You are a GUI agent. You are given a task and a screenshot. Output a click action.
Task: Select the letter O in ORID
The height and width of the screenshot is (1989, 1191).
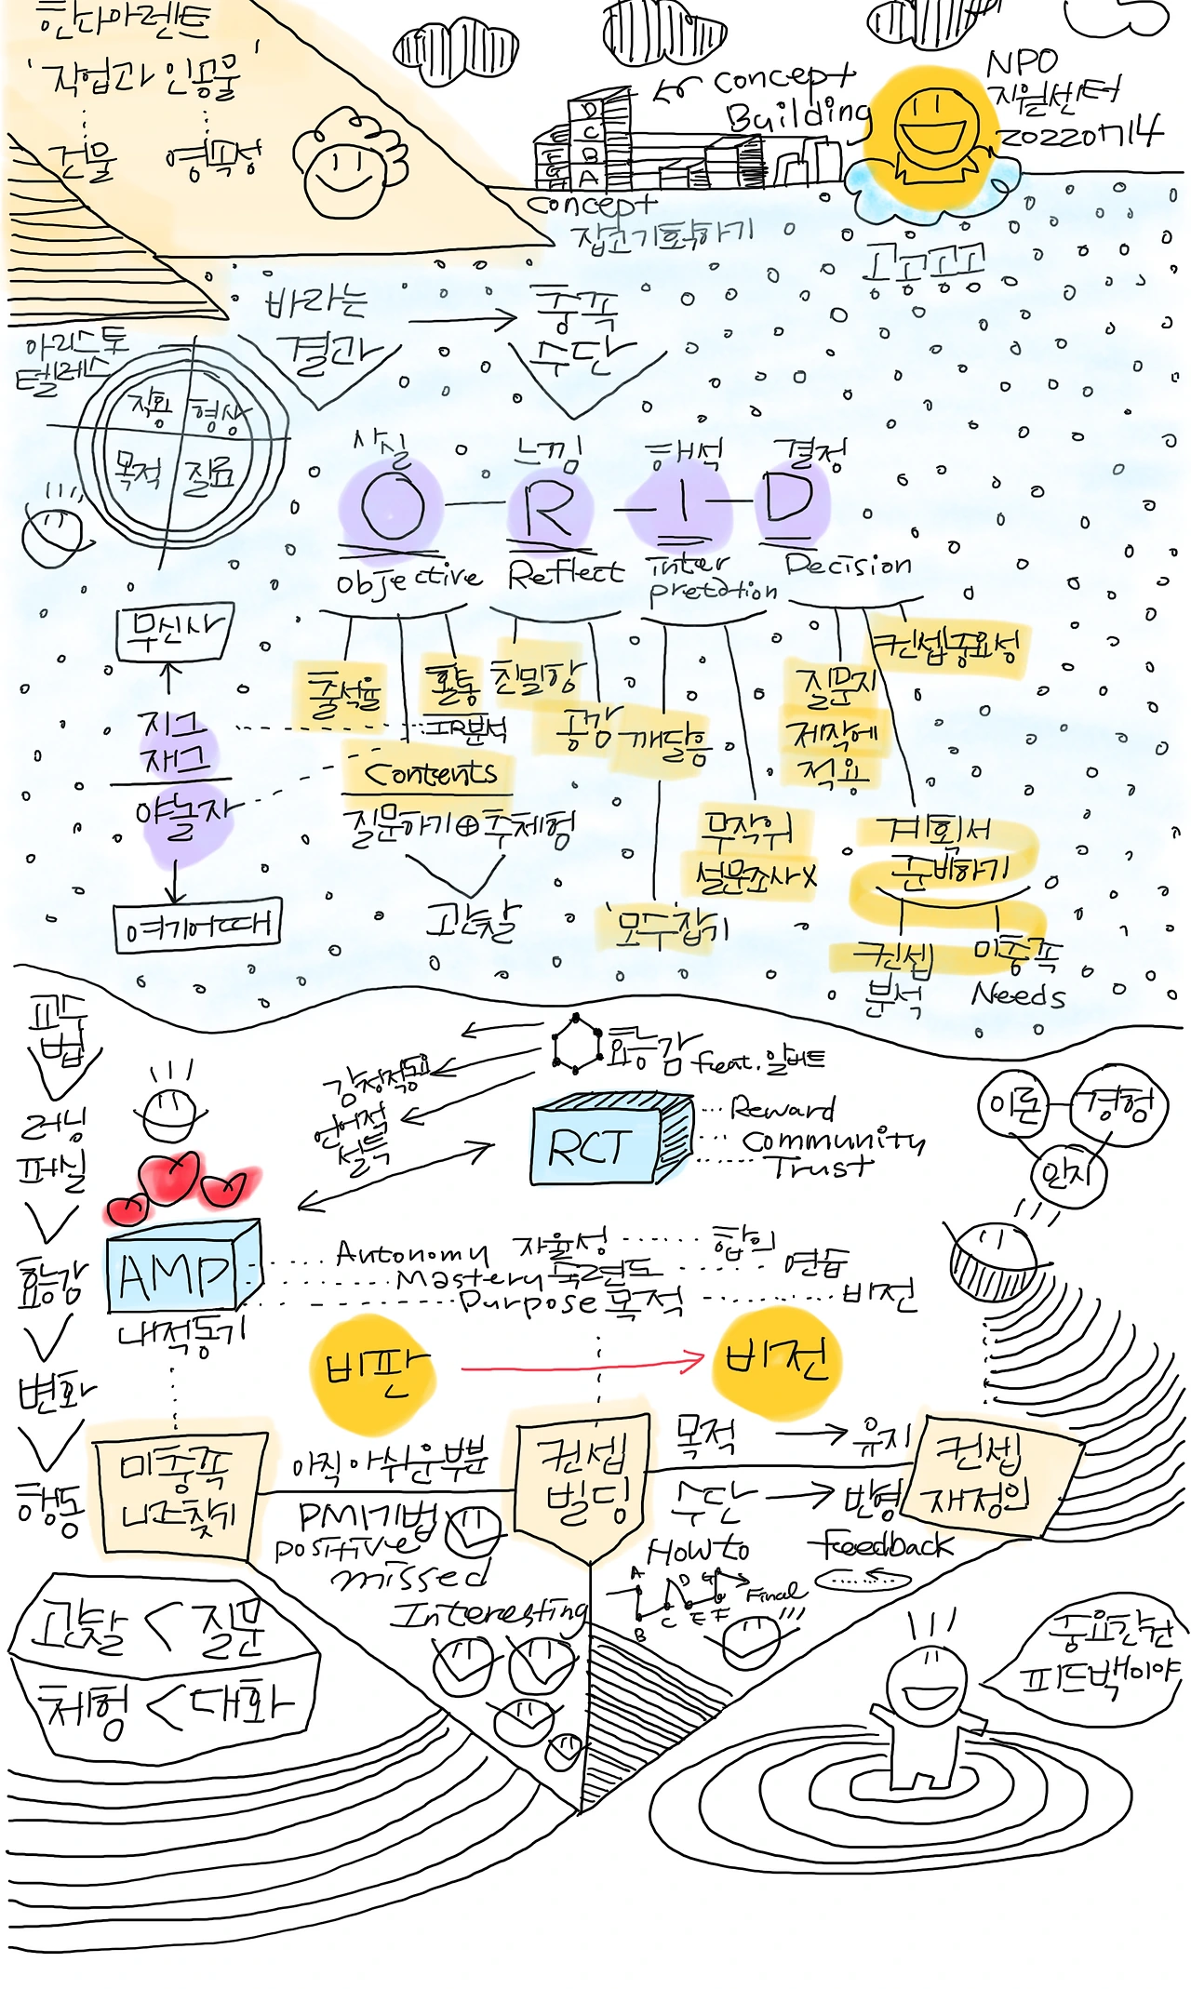[x=393, y=506]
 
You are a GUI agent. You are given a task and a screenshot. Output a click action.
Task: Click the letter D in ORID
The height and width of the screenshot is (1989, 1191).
[x=790, y=500]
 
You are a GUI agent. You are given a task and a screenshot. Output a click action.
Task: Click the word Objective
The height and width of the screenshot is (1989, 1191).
[x=408, y=580]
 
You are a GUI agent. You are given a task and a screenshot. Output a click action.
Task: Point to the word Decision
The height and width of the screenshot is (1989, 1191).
[x=848, y=565]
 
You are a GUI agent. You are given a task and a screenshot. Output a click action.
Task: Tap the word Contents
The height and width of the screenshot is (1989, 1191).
[x=430, y=772]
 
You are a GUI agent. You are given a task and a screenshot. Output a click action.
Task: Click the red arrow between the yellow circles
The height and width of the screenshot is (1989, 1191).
[x=582, y=1366]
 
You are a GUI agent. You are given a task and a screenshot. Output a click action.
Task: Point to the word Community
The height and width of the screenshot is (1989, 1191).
[x=833, y=1139]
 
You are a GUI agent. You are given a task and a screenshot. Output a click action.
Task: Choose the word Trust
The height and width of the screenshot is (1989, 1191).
[x=819, y=1166]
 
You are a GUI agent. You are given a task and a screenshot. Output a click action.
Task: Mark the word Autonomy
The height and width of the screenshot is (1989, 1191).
[x=411, y=1253]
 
